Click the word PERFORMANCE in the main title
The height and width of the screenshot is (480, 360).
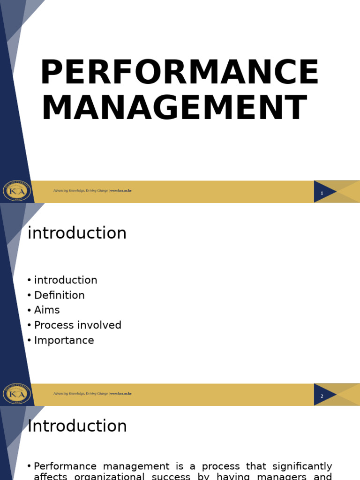(179, 73)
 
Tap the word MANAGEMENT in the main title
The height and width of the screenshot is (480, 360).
(174, 109)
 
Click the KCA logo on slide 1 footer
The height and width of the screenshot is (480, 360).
(17, 191)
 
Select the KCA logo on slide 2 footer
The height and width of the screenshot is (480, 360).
(17, 394)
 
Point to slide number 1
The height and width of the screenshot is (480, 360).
(322, 193)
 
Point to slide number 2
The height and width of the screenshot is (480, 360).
(322, 396)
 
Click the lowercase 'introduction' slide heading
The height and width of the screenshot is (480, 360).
(77, 233)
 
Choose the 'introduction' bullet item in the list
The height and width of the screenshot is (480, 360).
(66, 280)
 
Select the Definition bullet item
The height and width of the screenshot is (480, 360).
(60, 295)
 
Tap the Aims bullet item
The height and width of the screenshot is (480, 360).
(47, 310)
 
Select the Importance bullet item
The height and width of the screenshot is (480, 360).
(64, 340)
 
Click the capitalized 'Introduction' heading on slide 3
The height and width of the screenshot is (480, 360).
(77, 427)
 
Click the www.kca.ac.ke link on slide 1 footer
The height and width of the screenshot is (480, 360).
(121, 191)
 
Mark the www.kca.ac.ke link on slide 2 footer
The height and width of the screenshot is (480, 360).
(121, 394)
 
